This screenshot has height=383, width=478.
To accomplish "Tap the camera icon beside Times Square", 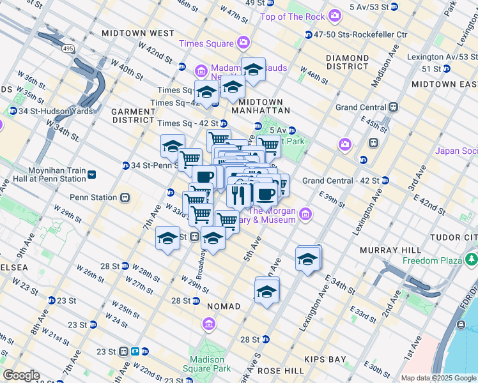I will tap(243, 43).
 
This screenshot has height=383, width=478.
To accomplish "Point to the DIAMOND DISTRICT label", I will tap(347, 62).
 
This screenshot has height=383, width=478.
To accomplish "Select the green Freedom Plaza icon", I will tap(472, 260).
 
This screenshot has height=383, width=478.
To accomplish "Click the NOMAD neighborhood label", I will tap(224, 306).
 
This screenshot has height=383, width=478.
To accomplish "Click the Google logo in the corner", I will tap(21, 375).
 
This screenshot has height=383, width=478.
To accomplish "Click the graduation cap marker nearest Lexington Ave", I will tap(308, 259).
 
